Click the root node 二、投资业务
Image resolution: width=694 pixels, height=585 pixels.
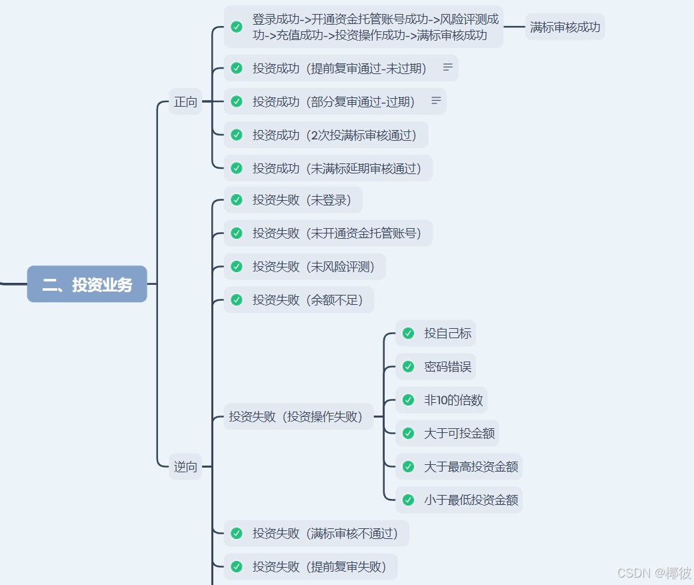(x=87, y=284)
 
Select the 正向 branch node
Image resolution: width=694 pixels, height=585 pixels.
(x=185, y=101)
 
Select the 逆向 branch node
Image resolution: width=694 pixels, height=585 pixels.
(x=185, y=466)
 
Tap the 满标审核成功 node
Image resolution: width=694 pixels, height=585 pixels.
(x=565, y=27)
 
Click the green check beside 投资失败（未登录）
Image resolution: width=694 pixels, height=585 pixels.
(x=236, y=199)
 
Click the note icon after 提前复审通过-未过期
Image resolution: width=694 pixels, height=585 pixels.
(x=448, y=67)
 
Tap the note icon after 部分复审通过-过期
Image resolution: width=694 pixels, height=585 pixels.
(x=436, y=101)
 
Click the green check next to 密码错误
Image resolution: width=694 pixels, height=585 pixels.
(x=408, y=366)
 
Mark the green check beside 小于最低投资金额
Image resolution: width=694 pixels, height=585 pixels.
(x=408, y=500)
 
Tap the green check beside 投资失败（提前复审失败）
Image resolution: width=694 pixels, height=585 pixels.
(x=236, y=566)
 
